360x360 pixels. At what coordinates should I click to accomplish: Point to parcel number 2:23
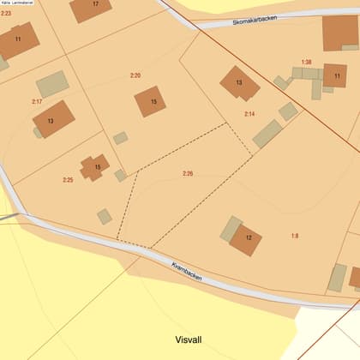[6, 14]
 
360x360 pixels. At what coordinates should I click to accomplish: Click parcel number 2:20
[135, 75]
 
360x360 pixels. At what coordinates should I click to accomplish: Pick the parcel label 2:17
[37, 102]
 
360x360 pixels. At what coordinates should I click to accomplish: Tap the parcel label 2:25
[68, 179]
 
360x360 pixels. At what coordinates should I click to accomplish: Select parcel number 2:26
[188, 174]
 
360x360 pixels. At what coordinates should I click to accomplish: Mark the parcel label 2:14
[249, 114]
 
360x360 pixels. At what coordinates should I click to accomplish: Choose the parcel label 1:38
[306, 62]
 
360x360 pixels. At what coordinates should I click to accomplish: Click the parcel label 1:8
[295, 235]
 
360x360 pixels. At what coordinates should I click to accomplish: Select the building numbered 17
[91, 9]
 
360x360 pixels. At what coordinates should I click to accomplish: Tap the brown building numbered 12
[246, 238]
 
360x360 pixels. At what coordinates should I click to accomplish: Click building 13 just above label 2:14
[239, 83]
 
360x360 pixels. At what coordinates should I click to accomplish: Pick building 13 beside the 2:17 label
[53, 119]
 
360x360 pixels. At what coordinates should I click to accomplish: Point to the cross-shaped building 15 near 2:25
[95, 167]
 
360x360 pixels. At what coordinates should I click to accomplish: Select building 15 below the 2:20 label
[151, 101]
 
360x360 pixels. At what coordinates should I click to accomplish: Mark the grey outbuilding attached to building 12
[231, 227]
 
